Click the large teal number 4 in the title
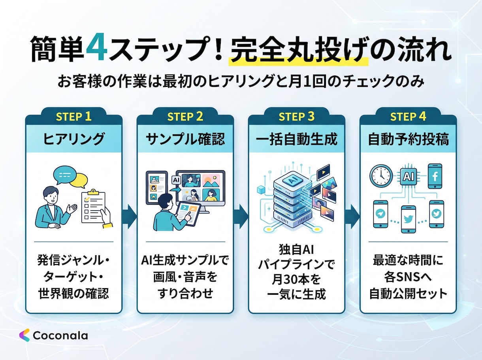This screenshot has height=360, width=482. pyautogui.click(x=97, y=47)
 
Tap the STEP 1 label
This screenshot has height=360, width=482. pyautogui.click(x=73, y=117)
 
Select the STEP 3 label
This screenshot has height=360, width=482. pyautogui.click(x=296, y=117)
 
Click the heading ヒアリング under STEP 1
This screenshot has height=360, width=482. pyautogui.click(x=74, y=139)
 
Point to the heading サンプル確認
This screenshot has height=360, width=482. pyautogui.click(x=185, y=139)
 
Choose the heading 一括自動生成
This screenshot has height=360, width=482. pyautogui.click(x=296, y=139)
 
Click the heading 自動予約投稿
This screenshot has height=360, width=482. pyautogui.click(x=408, y=139)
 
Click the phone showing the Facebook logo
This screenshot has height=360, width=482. pyautogui.click(x=435, y=176)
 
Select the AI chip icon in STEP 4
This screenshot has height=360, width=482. pyautogui.click(x=408, y=176)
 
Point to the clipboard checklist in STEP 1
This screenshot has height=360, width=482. pyautogui.click(x=93, y=206)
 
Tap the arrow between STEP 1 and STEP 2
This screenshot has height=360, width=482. pyautogui.click(x=130, y=217)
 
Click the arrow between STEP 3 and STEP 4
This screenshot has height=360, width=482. pyautogui.click(x=352, y=217)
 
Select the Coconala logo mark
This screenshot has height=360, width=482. pyautogui.click(x=24, y=335)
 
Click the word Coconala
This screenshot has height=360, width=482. pyautogui.click(x=60, y=335)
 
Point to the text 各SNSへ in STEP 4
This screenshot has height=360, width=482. pyautogui.click(x=408, y=277)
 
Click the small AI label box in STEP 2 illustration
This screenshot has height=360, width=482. pyautogui.click(x=176, y=180)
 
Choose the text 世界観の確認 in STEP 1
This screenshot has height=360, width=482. pyautogui.click(x=74, y=293)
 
